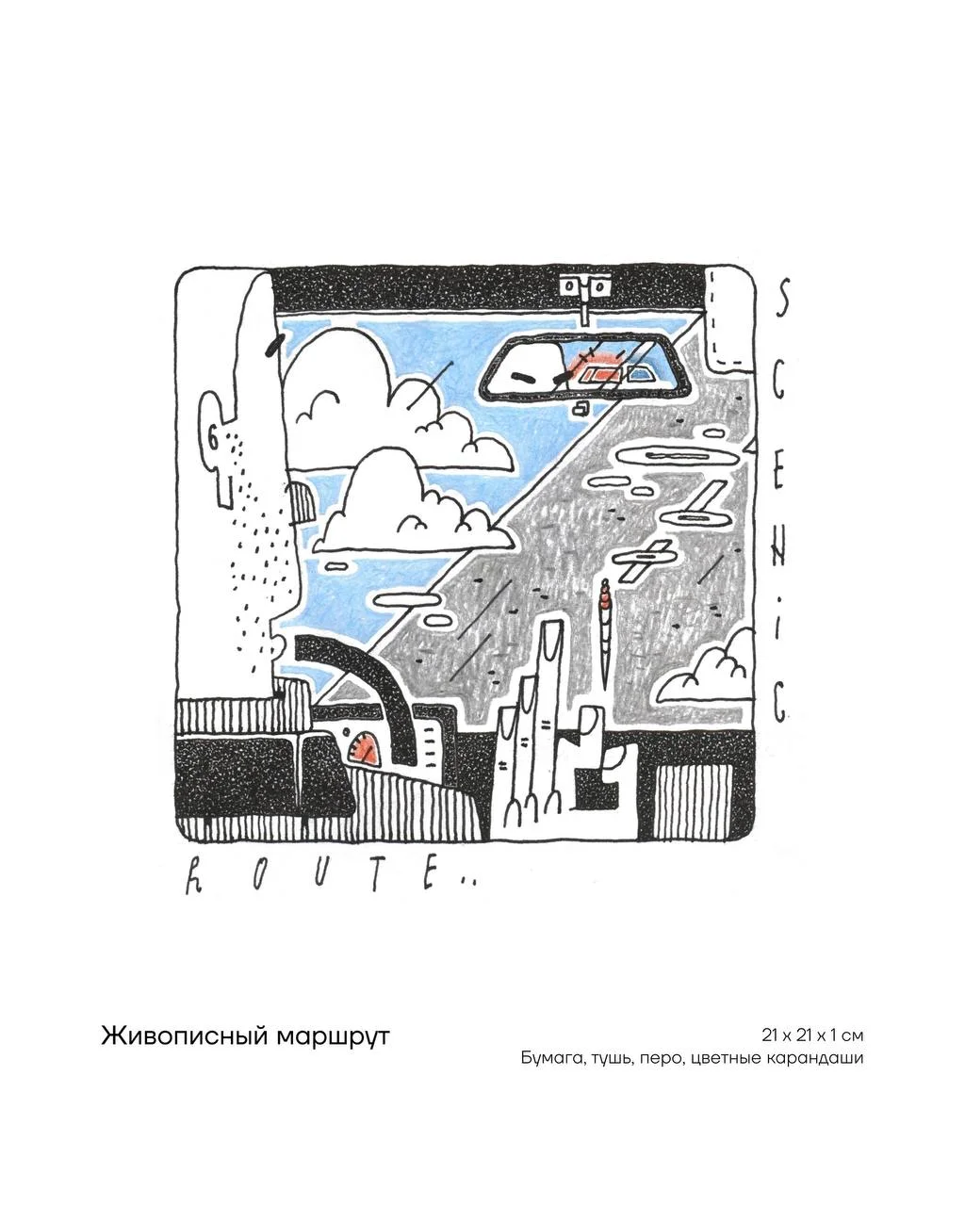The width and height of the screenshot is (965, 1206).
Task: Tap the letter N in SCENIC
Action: pos(779,551)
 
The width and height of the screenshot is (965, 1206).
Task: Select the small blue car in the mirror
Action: pos(639,374)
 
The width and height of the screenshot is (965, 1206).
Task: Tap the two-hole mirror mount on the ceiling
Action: pos(584,287)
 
